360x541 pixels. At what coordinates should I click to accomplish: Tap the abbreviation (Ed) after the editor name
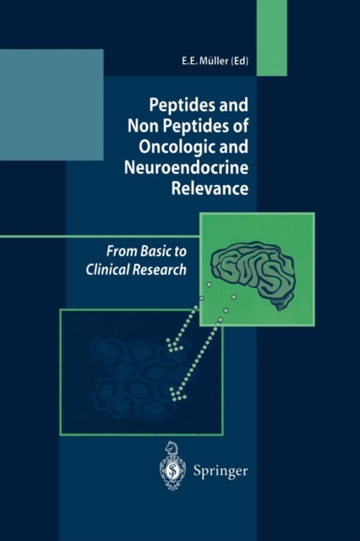[x=239, y=61]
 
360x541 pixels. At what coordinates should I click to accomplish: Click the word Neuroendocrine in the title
[x=186, y=167]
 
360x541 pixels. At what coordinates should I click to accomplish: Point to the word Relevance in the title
[x=210, y=189]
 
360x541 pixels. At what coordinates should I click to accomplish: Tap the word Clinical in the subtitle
[x=107, y=270]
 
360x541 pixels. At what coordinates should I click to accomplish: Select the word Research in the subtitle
[x=160, y=270]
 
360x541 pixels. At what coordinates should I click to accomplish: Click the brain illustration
[x=254, y=273]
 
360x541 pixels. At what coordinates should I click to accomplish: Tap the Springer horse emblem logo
[x=172, y=466]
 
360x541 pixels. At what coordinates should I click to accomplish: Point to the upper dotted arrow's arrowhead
[x=174, y=345]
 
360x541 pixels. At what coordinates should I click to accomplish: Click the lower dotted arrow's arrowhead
[x=177, y=395]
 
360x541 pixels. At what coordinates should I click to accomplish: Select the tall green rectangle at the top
[x=272, y=38]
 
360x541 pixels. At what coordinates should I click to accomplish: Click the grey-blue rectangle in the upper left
[x=52, y=105]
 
